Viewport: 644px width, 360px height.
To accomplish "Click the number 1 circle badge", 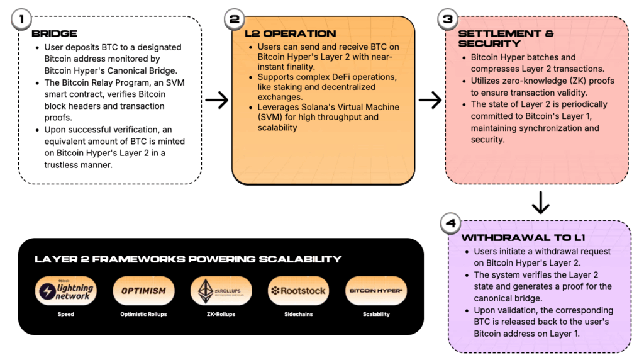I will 22,18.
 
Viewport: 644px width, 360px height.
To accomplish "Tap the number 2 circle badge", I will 234,18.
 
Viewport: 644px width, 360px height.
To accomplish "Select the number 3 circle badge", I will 447,18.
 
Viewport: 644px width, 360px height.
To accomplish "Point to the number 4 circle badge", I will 450,223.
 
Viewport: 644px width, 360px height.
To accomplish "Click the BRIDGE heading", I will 54,33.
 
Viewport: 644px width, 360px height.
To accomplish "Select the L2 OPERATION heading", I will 290,33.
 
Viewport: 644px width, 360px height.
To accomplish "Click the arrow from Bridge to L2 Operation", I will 216,99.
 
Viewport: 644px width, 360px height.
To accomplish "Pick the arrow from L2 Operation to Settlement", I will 430,99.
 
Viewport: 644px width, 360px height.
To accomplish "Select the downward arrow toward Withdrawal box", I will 540,203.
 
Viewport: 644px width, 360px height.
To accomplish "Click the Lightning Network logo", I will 66,291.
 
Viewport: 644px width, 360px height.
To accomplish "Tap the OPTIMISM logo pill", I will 143,291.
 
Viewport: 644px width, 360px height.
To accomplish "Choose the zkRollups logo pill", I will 221,291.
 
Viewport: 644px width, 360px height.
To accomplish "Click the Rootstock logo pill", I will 298,291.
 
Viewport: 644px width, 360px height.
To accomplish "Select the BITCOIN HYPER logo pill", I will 376,291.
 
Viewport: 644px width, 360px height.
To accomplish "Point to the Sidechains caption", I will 298,314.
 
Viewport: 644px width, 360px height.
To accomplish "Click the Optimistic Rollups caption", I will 144,314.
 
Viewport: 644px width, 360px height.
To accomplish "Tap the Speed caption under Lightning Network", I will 66,314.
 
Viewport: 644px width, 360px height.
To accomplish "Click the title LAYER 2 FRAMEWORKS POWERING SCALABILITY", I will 188,259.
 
